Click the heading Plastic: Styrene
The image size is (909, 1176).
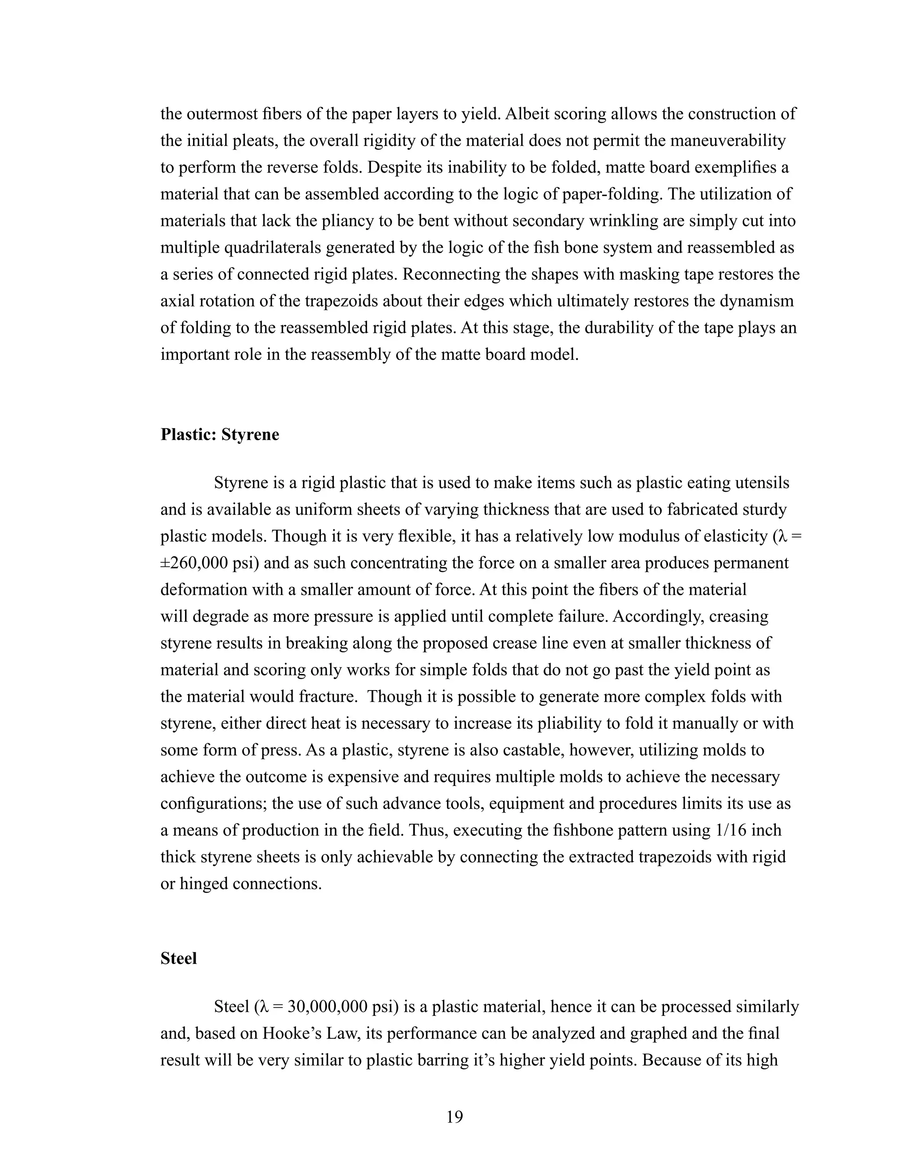220,434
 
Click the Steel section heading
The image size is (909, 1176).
179,959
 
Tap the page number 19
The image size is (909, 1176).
454,1117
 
